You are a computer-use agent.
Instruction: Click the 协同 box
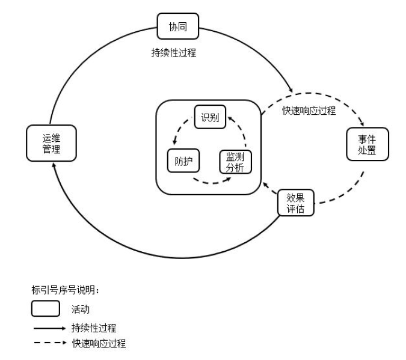[177, 25]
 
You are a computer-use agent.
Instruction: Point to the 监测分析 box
[235, 162]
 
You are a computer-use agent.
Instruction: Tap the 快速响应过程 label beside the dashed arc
[309, 111]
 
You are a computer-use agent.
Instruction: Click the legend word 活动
[79, 310]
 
